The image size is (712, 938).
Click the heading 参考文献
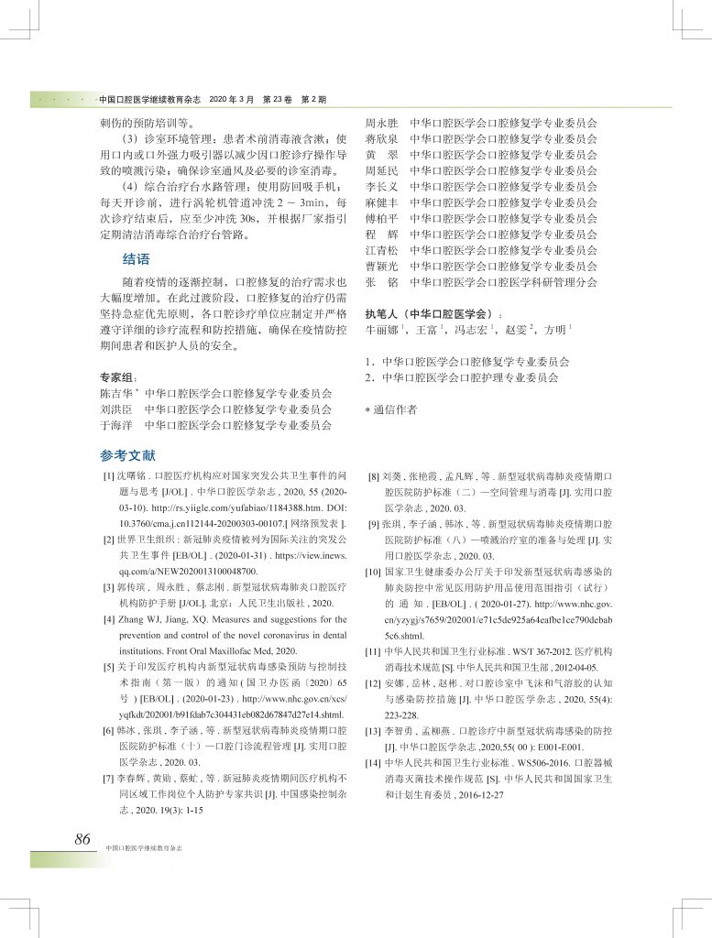coord(128,454)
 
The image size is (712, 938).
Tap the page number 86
coord(82,839)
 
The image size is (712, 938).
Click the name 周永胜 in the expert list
coord(382,122)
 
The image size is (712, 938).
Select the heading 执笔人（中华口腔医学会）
coord(429,312)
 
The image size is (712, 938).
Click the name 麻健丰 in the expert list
coord(382,202)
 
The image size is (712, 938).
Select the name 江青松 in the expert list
coord(382,250)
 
